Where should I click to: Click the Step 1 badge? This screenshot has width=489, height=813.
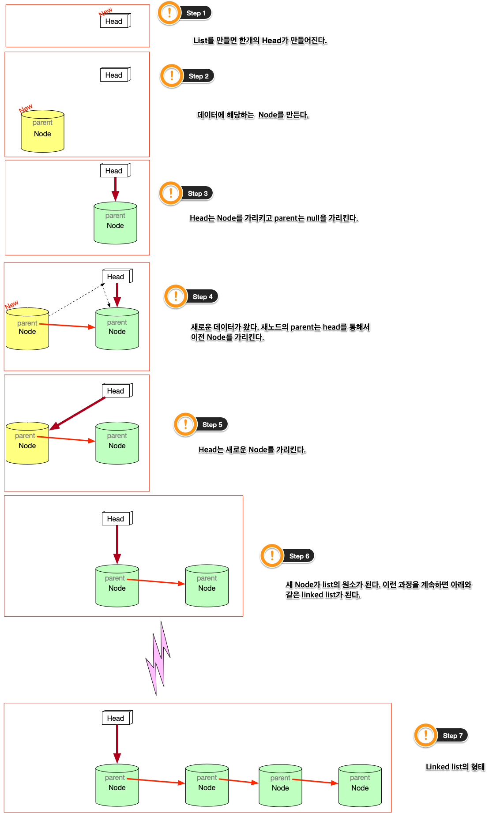pos(196,13)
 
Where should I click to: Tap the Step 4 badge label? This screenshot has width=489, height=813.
pos(202,297)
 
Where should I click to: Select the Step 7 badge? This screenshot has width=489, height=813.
pos(452,735)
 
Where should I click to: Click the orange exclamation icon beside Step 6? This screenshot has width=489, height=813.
pos(272,555)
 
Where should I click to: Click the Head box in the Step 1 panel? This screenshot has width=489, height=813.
pos(115,21)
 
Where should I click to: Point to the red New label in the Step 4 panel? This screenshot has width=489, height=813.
pos(11,304)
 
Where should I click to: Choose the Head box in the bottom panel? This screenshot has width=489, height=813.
pos(116,718)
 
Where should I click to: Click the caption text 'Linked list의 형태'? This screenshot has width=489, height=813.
pos(455,767)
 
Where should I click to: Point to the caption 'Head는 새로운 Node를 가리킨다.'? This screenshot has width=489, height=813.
pos(252,450)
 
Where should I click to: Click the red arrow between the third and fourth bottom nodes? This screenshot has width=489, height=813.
pos(315,781)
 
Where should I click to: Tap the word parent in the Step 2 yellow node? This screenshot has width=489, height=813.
pos(42,123)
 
